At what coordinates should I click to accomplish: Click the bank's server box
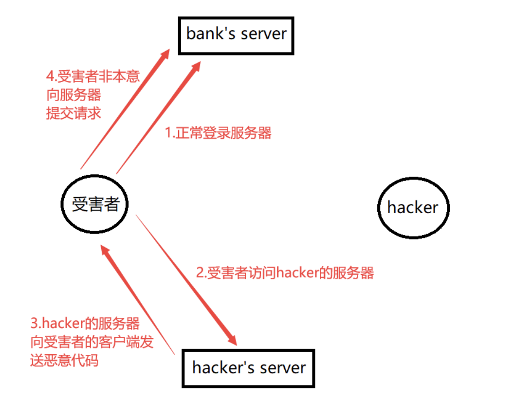(237, 35)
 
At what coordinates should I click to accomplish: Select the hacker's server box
(249, 367)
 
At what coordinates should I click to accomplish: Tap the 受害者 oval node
(95, 204)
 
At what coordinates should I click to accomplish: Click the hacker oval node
(413, 208)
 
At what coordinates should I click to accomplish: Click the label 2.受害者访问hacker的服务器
(285, 273)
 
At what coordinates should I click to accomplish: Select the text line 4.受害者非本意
(92, 76)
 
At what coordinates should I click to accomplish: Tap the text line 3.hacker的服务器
(85, 323)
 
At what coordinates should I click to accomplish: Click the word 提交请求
(73, 113)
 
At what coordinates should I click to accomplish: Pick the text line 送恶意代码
(64, 361)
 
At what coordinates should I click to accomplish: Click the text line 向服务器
(73, 95)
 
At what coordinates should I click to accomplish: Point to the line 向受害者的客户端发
(92, 342)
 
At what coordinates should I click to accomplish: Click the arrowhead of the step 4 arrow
(165, 55)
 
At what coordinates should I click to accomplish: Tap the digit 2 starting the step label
(200, 273)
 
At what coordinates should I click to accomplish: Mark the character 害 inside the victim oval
(95, 204)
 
